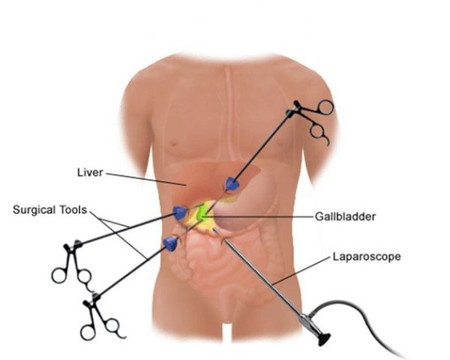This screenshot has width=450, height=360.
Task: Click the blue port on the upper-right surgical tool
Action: (x=232, y=183)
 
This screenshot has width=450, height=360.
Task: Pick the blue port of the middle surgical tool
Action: (x=179, y=212)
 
